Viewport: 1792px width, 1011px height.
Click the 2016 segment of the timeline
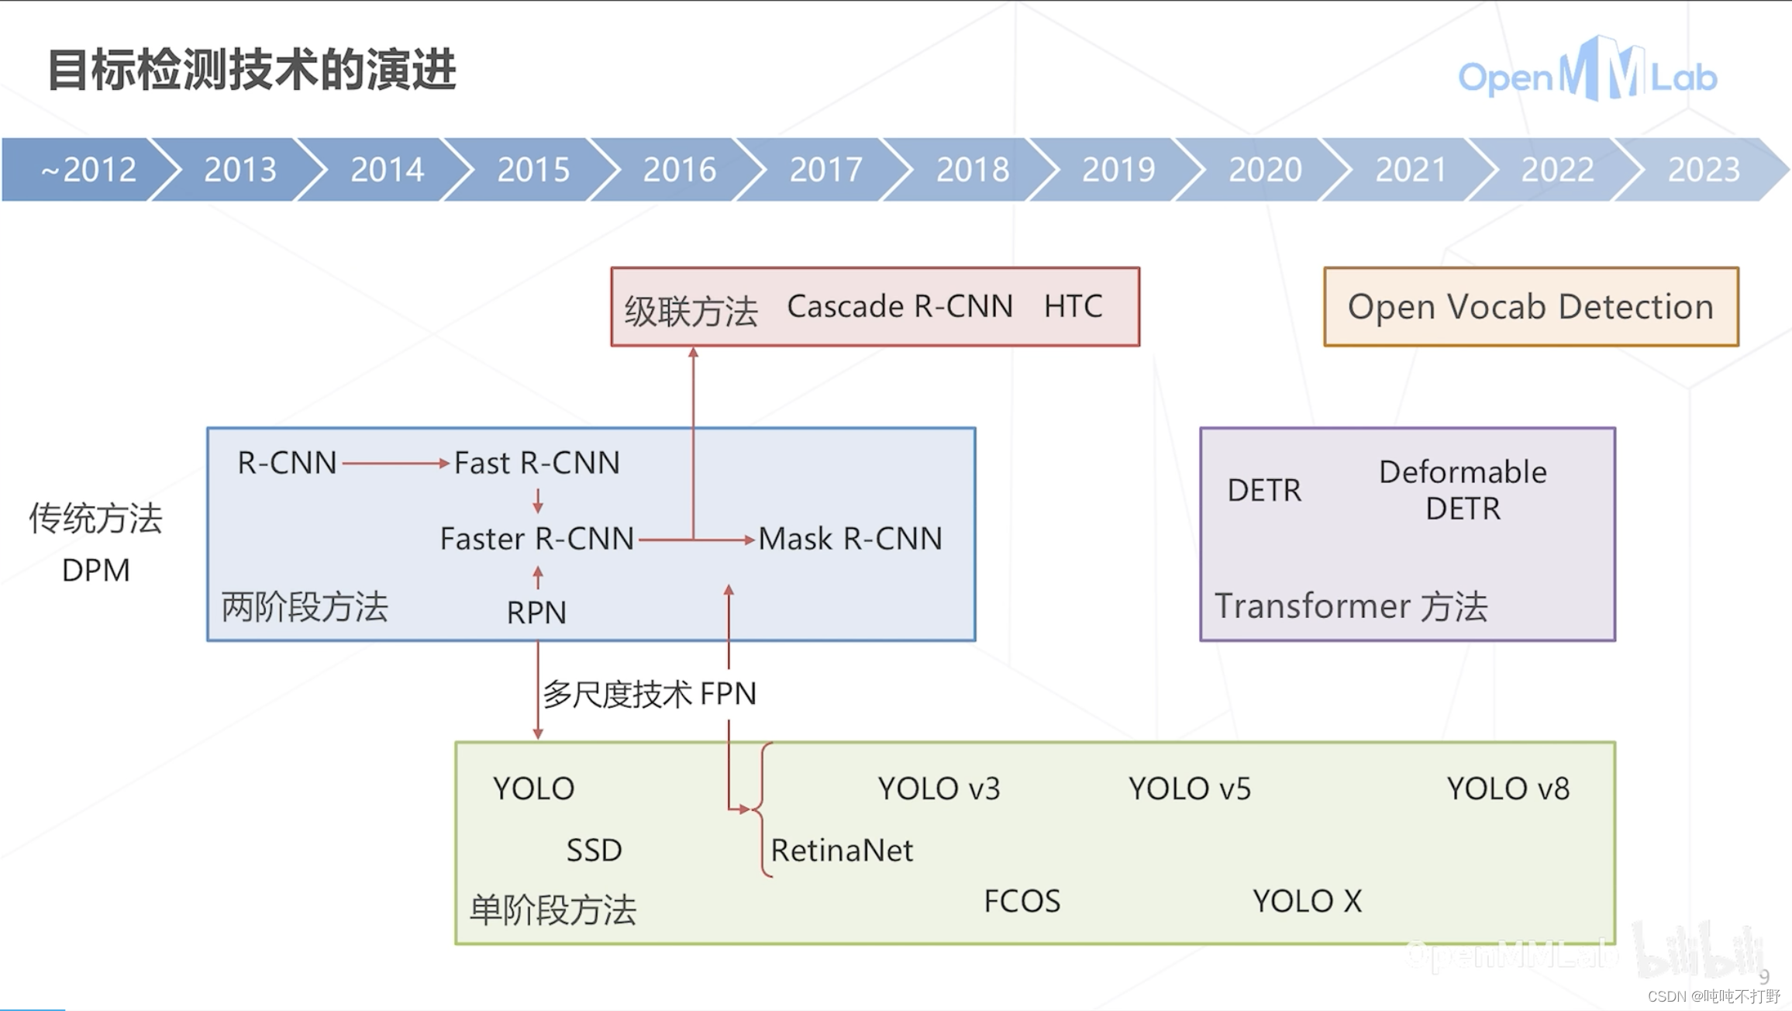pyautogui.click(x=679, y=170)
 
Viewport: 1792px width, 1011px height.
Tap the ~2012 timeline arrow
pyautogui.click(x=88, y=170)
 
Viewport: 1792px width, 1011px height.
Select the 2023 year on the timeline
pyautogui.click(x=1703, y=170)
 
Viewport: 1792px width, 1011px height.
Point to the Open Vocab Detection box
pyautogui.click(x=1531, y=307)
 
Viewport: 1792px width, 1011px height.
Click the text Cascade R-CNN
pyautogui.click(x=899, y=307)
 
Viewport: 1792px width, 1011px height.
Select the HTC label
pyautogui.click(x=1073, y=307)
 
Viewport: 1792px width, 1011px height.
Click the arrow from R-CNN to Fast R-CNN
pyautogui.click(x=395, y=464)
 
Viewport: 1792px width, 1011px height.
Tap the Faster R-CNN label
pyautogui.click(x=536, y=539)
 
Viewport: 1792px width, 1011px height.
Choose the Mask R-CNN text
pyautogui.click(x=849, y=539)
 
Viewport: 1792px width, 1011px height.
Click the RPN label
pyautogui.click(x=536, y=613)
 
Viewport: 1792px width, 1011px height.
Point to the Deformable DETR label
pyautogui.click(x=1463, y=490)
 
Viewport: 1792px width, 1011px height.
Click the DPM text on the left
pyautogui.click(x=95, y=571)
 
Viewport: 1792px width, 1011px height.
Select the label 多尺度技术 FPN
pyautogui.click(x=649, y=694)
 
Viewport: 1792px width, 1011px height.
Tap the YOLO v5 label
pyautogui.click(x=1189, y=789)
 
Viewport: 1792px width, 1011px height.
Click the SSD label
pyautogui.click(x=594, y=851)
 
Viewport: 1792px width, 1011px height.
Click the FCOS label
pyautogui.click(x=1022, y=902)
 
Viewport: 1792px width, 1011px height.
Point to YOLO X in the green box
pyautogui.click(x=1307, y=902)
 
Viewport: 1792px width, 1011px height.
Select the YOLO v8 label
pyautogui.click(x=1508, y=789)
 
